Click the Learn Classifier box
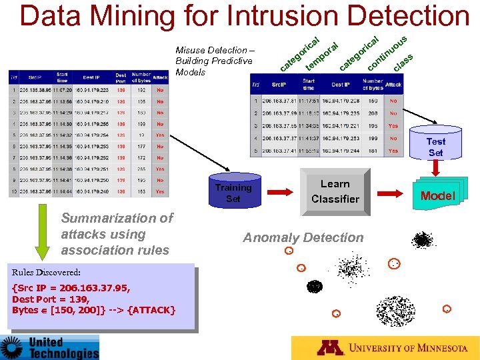pyautogui.click(x=335, y=191)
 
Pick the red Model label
pyautogui.click(x=437, y=195)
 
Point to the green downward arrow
pyautogui.click(x=42, y=237)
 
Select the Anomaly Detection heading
pyautogui.click(x=303, y=237)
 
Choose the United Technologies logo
pyautogui.click(x=49, y=347)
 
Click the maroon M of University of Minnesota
pyautogui.click(x=330, y=348)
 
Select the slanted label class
pyautogui.click(x=403, y=62)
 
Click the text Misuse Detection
pyautogui.click(x=209, y=50)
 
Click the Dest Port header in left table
pyautogui.click(x=121, y=78)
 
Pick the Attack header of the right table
pyautogui.click(x=393, y=85)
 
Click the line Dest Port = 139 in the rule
pyautogui.click(x=51, y=299)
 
